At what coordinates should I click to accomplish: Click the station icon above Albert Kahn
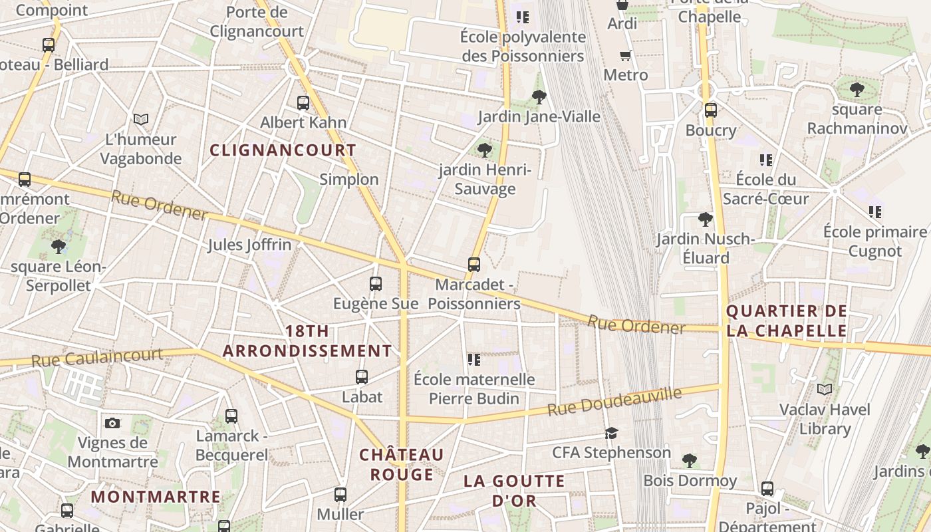coord(303,103)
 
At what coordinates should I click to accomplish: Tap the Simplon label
coord(349,180)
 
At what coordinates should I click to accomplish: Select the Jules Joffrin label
coord(249,245)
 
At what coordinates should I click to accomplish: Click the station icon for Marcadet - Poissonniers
coord(474,265)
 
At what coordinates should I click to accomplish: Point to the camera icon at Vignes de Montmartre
coord(112,423)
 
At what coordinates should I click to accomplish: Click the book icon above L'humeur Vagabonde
coord(141,119)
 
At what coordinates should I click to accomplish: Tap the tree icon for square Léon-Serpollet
coord(59,247)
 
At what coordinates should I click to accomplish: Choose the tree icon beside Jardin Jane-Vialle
coord(539,97)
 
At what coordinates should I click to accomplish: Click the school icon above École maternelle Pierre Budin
coord(474,360)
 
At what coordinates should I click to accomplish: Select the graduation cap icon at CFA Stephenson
coord(611,434)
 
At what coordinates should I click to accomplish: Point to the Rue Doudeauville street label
coord(614,402)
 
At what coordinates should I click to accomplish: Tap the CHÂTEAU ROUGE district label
coord(402,464)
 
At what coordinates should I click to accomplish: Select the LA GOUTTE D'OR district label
coord(514,491)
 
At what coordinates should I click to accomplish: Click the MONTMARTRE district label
coord(156,497)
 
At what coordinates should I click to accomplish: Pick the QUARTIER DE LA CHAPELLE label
coord(787,321)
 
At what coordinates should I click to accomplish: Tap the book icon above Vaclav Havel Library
coord(825,389)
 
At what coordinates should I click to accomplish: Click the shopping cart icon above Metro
coord(625,56)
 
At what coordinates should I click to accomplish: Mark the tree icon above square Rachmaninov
coord(857,89)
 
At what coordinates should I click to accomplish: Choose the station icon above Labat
coord(362,377)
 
